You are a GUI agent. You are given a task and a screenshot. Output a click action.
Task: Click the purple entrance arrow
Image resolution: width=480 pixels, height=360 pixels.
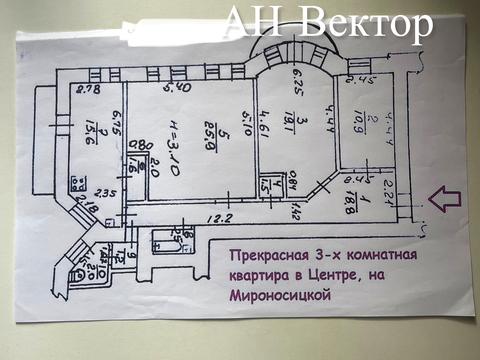444,198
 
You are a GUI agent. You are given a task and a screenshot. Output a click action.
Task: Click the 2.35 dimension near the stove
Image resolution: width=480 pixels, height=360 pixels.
105,194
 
